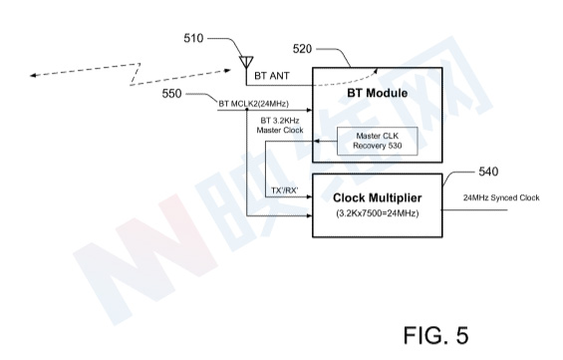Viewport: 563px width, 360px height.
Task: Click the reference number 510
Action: tap(193, 38)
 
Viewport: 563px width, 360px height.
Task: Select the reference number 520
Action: tap(302, 49)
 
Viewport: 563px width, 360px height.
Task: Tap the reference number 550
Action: tap(171, 94)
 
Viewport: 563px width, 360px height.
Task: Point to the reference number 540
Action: tap(488, 172)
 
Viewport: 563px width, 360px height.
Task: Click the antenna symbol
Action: tap(246, 62)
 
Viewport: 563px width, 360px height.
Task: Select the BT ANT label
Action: tap(272, 76)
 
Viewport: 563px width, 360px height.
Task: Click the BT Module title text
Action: tap(377, 93)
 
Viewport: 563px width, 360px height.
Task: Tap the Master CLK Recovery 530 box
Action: tap(378, 141)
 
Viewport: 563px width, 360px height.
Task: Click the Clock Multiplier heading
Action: tap(377, 197)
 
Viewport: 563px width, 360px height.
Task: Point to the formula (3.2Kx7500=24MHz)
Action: tap(378, 213)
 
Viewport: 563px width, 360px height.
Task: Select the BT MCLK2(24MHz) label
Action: tap(253, 104)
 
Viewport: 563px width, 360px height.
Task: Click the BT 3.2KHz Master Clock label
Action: tap(280, 126)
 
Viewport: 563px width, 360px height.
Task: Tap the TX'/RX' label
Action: tap(285, 190)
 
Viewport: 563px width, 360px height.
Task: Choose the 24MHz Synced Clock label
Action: tap(501, 197)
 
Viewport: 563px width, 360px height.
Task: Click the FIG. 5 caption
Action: tap(435, 335)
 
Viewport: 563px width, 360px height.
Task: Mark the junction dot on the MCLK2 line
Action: tap(247, 110)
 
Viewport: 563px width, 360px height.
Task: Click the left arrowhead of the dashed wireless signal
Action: tap(33, 76)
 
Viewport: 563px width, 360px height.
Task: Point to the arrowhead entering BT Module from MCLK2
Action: tap(309, 110)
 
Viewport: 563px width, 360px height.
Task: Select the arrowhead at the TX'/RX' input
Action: tap(309, 196)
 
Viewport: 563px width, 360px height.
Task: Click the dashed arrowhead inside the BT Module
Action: tap(376, 70)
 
